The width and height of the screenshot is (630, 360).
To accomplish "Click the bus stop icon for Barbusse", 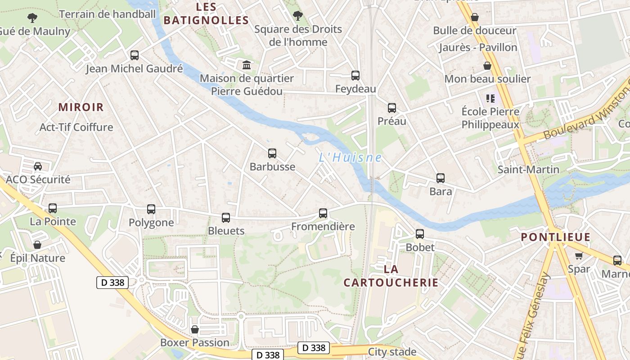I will [x=272, y=153].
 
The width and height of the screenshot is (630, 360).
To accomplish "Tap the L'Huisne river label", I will [x=350, y=158].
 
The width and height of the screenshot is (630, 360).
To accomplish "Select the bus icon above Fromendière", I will [x=323, y=213].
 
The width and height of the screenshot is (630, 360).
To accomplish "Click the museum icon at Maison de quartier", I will [x=247, y=65].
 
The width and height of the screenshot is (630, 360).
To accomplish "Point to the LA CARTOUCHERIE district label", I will [x=391, y=276].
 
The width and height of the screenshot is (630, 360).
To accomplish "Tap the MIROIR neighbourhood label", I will [x=81, y=107].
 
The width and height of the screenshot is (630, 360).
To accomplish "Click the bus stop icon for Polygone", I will [x=151, y=209].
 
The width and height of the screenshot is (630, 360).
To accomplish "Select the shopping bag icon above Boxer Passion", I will [x=195, y=329].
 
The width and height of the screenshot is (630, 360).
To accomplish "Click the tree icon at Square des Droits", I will [x=297, y=16].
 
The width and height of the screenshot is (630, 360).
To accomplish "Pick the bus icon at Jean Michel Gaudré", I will [x=135, y=55].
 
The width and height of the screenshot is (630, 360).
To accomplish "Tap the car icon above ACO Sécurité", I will [x=38, y=166].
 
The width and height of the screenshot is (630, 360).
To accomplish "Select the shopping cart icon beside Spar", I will [x=579, y=256].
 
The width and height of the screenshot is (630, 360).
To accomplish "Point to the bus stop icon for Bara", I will [x=441, y=178].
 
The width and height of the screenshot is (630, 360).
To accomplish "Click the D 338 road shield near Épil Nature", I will [x=112, y=283].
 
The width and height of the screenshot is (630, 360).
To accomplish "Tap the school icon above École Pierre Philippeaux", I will [x=490, y=98].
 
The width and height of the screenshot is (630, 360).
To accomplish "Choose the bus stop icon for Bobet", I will [x=420, y=234].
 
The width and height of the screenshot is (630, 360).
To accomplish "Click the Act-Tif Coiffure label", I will [x=76, y=127].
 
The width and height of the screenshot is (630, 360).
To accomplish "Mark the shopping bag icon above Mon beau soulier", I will [x=487, y=66].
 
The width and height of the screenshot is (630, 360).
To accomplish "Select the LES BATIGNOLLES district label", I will [x=206, y=13].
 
